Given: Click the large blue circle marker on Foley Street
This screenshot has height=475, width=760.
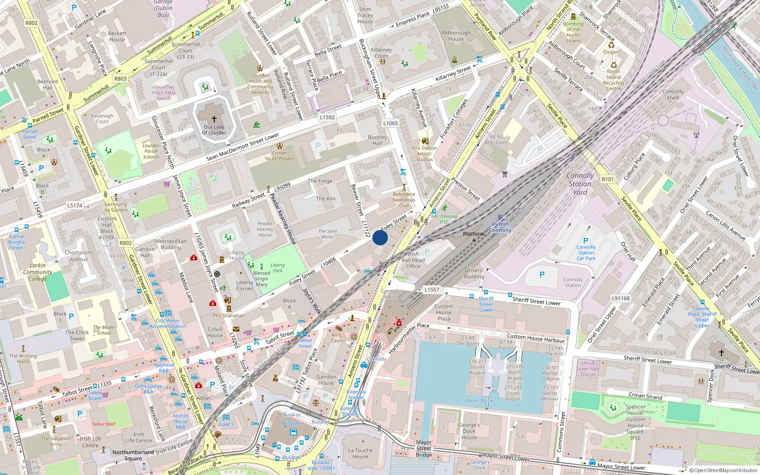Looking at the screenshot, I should coord(380,237).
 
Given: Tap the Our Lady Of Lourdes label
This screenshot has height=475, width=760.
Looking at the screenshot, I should coord(214,130).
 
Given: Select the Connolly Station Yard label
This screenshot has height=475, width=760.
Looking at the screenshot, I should coord(580,184).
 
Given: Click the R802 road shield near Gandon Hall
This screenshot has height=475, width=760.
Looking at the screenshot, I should coord(125,243).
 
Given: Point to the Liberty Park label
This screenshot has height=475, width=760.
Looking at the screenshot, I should coord(278,268).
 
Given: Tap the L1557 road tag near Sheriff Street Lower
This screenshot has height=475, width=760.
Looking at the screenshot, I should coord(431,289).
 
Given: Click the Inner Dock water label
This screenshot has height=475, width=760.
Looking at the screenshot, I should coord(479,400).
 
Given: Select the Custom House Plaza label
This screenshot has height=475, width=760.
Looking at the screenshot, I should coord(444,312).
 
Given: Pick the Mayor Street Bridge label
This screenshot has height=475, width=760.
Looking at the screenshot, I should coord(424,448).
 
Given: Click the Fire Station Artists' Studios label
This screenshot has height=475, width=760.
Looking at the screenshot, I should coord(424,153).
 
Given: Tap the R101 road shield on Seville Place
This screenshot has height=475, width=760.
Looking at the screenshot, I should coord(608,179).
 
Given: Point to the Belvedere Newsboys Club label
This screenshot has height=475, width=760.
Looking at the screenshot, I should coord(404,199).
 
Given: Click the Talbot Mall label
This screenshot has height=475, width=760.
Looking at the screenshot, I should coord(103,424).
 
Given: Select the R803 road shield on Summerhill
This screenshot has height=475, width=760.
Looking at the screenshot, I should coord(120,79).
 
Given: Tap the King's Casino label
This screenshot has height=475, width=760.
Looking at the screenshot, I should coord(338,338).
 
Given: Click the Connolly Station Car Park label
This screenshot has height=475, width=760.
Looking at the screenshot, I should coord(586,253).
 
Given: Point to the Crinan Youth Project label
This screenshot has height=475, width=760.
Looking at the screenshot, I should coord(279,156).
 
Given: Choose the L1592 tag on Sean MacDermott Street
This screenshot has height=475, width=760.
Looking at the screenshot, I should coord(327,117).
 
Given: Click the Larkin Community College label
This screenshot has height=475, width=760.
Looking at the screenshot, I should coord(38,272).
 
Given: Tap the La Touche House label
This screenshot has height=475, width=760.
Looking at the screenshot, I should coord(360,453).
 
